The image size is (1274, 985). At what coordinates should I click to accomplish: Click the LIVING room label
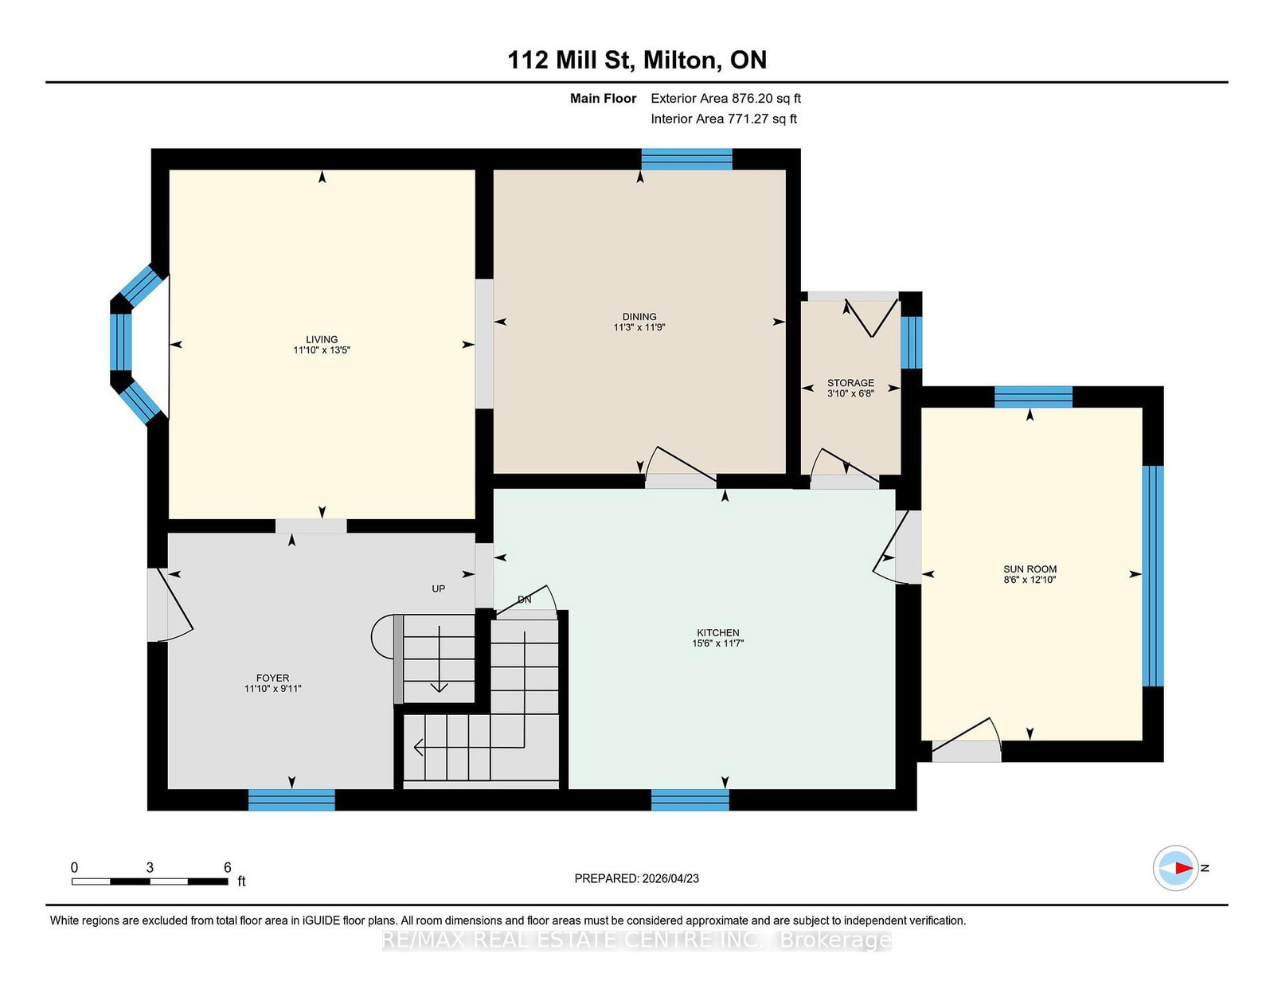[321, 339]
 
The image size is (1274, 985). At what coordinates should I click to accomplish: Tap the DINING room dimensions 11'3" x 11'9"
[639, 327]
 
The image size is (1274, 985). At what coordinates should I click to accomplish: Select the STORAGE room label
[850, 383]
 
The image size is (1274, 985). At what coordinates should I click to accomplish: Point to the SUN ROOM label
[1030, 569]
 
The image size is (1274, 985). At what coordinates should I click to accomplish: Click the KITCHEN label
[717, 632]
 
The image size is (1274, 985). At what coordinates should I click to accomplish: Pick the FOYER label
[272, 678]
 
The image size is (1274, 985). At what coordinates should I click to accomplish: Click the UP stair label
[439, 588]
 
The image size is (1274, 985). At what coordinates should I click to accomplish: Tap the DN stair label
[524, 600]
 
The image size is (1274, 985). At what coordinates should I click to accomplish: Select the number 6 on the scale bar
[228, 867]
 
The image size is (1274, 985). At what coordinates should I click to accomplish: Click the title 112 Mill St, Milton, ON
[637, 60]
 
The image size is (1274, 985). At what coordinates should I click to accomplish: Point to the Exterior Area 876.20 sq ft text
[726, 99]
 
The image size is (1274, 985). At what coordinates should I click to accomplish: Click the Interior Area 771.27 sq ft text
[724, 119]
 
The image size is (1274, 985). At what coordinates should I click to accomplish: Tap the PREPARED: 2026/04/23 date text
[637, 878]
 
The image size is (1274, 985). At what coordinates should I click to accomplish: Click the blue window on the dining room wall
[686, 159]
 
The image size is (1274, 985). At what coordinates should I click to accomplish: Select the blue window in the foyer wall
[291, 799]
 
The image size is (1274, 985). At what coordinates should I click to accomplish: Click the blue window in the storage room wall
[911, 342]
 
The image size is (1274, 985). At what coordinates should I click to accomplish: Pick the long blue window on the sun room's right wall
[1153, 576]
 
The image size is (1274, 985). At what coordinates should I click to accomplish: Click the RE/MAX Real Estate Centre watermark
[637, 940]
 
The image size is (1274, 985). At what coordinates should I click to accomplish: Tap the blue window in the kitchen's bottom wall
[690, 799]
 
